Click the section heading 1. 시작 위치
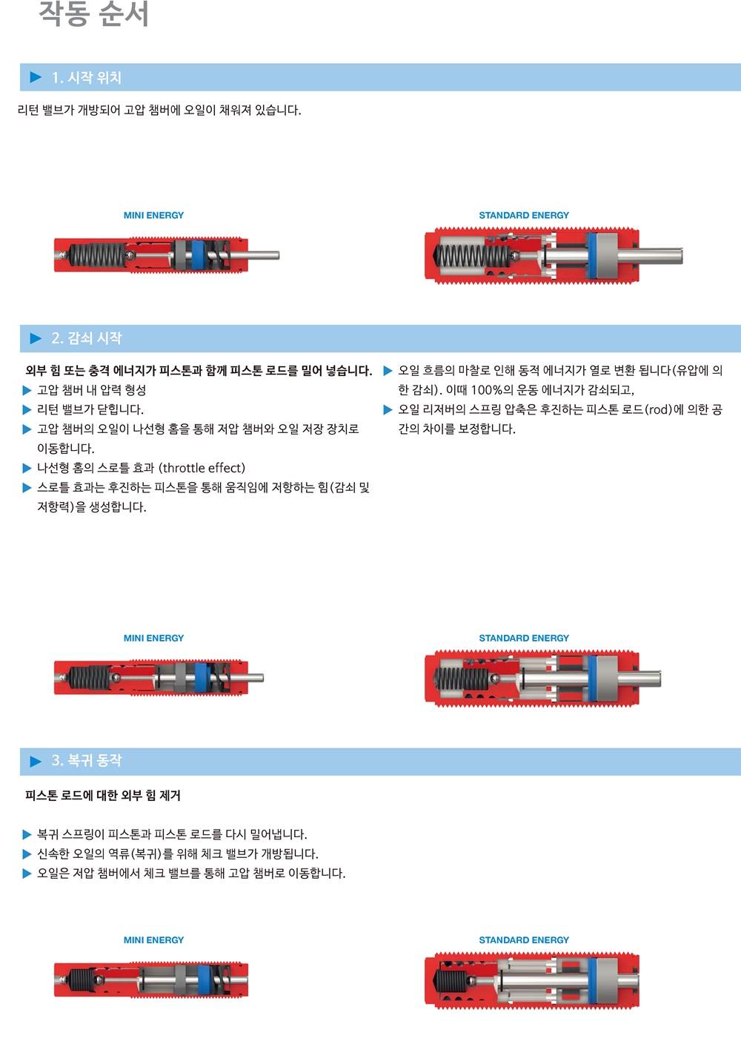[x=87, y=78]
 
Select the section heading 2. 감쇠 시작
[x=87, y=338]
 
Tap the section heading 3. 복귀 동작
[x=87, y=760]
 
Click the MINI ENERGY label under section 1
[x=153, y=215]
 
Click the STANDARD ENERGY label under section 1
[x=524, y=215]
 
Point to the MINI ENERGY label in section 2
[x=153, y=638]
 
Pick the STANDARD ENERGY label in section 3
[x=524, y=940]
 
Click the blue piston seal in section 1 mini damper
[x=198, y=255]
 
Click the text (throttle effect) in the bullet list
[x=202, y=468]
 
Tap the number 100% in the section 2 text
[x=487, y=390]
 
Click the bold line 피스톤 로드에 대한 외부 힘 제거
[x=103, y=796]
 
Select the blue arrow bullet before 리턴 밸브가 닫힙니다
[x=27, y=409]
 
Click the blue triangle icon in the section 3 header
[x=36, y=761]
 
